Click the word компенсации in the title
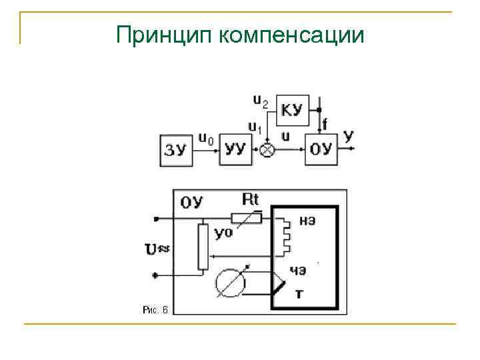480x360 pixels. [291, 35]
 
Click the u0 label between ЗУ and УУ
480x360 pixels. [206, 139]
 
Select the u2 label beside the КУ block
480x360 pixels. [261, 101]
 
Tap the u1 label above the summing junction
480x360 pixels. [255, 127]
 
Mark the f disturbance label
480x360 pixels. [325, 124]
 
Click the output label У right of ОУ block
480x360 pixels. [348, 137]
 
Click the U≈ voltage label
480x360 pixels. [157, 249]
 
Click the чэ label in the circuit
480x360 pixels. [298, 271]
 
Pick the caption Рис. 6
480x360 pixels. [156, 309]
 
